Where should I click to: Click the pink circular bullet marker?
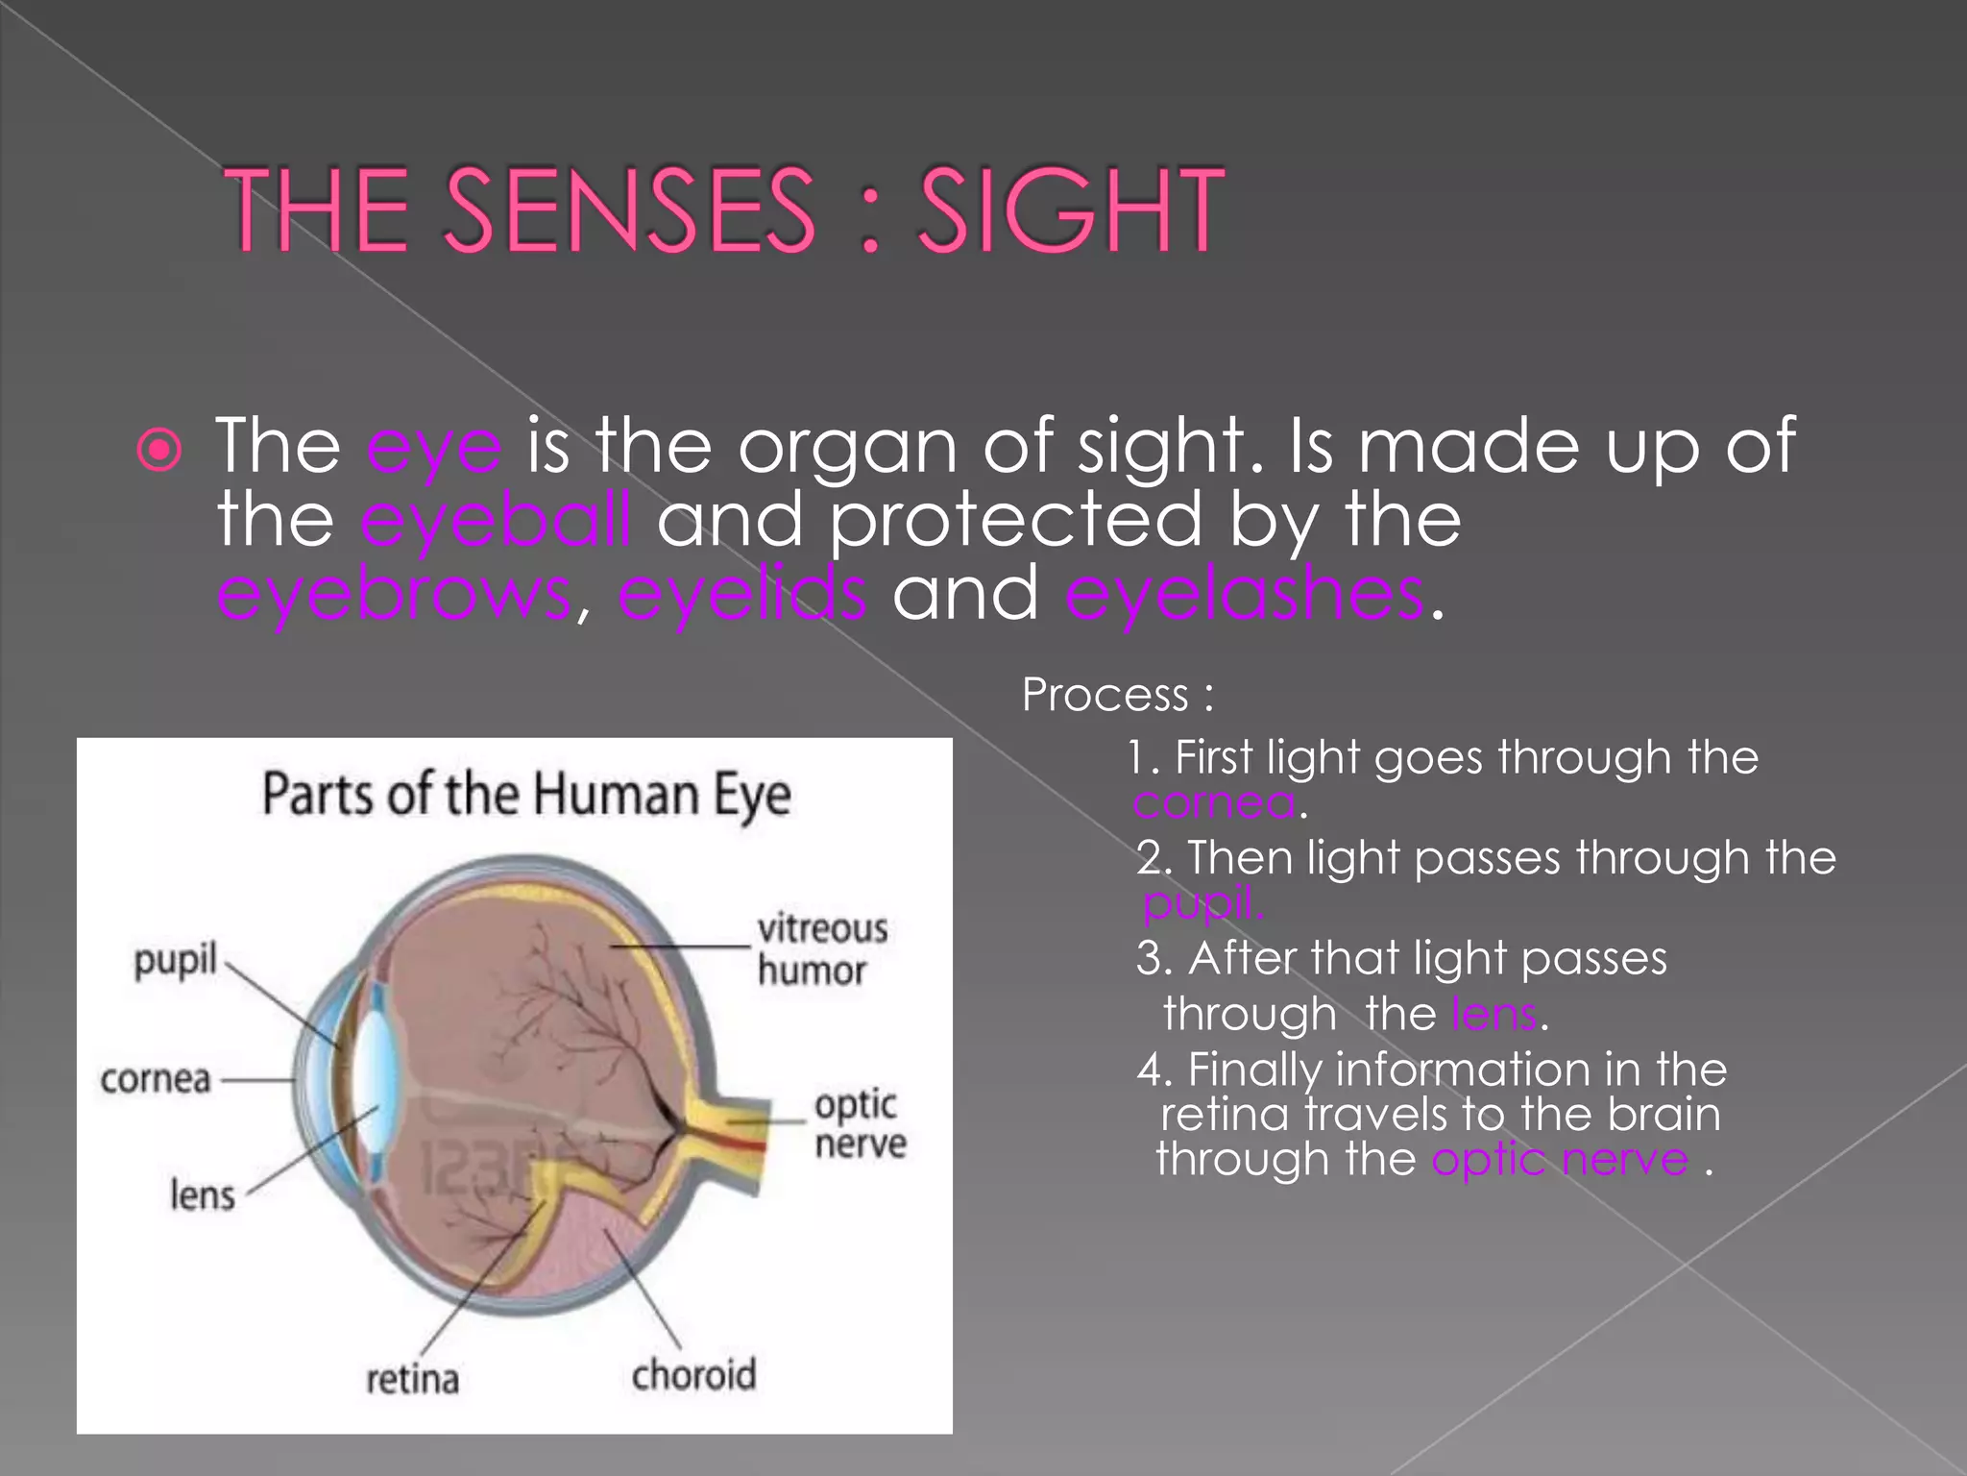[159, 449]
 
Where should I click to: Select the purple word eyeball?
[496, 520]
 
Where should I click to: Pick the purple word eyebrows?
[394, 594]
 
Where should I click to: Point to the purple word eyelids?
[741, 594]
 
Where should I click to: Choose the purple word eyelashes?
[1244, 594]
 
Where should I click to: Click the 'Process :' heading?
[1117, 695]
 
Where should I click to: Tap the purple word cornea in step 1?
[1214, 802]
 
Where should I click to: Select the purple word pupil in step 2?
[1201, 902]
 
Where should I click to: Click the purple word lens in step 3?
[1494, 1014]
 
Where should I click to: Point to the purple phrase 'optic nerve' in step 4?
[1560, 1160]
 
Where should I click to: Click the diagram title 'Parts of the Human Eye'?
[526, 796]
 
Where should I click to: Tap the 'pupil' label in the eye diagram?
[176, 960]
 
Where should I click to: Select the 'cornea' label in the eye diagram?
[156, 1079]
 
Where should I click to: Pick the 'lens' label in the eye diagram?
[202, 1195]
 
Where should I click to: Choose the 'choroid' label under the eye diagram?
[693, 1375]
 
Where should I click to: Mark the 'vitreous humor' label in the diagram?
[821, 949]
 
